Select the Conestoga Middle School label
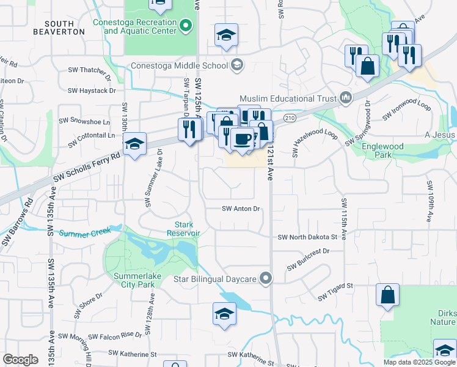coord(178,66)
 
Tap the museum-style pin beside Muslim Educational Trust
coord(346,97)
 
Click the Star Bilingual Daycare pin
coord(266,278)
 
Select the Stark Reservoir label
coord(184,229)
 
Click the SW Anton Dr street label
coord(241,209)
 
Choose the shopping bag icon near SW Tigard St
coord(387,294)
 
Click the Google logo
coord(21,360)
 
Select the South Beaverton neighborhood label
coord(59,27)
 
